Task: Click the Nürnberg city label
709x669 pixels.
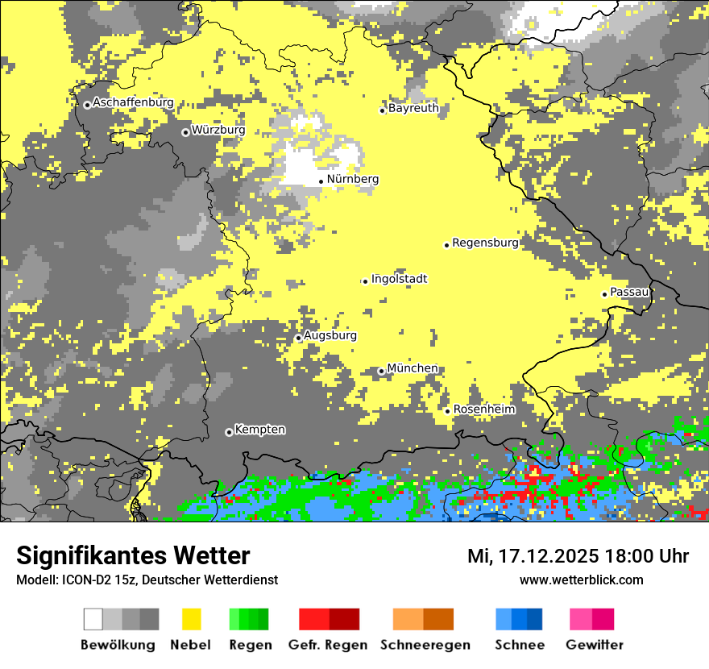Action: coord(353,179)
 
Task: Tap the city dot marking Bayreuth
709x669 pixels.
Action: coord(383,110)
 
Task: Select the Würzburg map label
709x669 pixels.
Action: coord(218,130)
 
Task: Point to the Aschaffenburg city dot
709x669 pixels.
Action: coord(87,105)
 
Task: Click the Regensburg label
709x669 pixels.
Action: coord(485,243)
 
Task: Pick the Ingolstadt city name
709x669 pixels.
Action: coord(400,279)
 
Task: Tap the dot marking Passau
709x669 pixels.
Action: coord(604,294)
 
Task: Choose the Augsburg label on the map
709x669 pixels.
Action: coord(330,335)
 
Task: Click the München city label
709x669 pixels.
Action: coord(413,368)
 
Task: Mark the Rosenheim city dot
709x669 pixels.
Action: coord(448,411)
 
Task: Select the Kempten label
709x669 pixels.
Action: coord(260,430)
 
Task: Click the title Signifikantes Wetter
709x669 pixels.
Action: coord(133,555)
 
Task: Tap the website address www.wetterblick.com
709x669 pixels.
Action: coord(582,580)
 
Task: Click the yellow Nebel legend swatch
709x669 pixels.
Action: coord(191,619)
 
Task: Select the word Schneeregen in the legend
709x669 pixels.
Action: coord(425,645)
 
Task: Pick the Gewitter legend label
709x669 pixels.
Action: coord(595,645)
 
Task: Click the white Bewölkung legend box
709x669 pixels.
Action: coord(93,619)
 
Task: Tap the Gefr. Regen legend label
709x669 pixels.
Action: coord(328,645)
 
